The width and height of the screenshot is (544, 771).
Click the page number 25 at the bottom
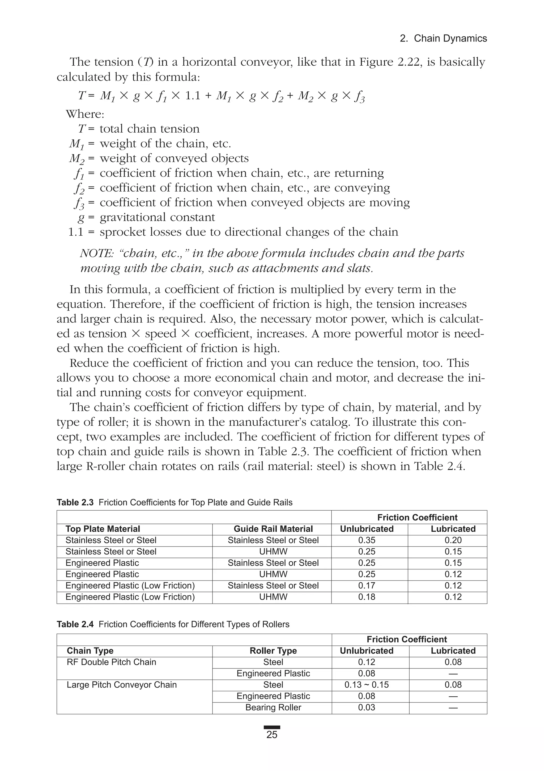(272, 734)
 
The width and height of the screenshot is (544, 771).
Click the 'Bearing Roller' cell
(273, 707)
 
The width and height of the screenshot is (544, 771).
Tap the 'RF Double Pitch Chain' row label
(112, 662)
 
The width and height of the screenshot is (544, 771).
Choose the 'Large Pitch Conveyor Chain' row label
(122, 684)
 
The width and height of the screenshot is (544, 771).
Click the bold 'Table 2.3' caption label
(75, 502)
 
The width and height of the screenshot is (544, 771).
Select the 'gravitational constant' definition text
(157, 217)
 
